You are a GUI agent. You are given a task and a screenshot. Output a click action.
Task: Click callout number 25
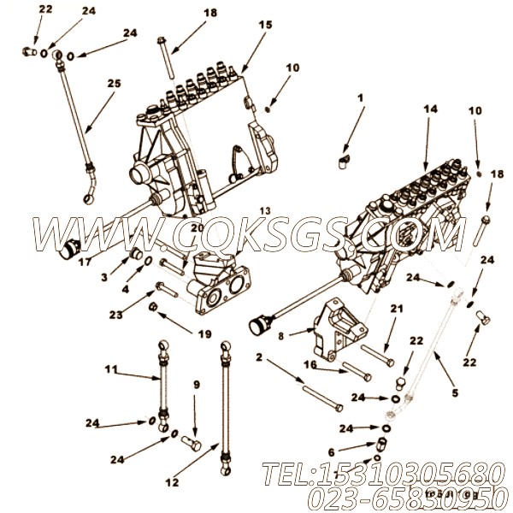tap(114, 84)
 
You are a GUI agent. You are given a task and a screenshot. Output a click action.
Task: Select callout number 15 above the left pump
tap(266, 26)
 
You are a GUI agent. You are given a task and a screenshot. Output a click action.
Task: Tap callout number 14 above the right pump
tap(430, 109)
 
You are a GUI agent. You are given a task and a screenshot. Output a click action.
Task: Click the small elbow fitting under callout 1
tap(343, 156)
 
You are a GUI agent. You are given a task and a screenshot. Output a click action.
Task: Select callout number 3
tap(103, 277)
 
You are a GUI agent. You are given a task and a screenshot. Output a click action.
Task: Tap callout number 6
tap(331, 454)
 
